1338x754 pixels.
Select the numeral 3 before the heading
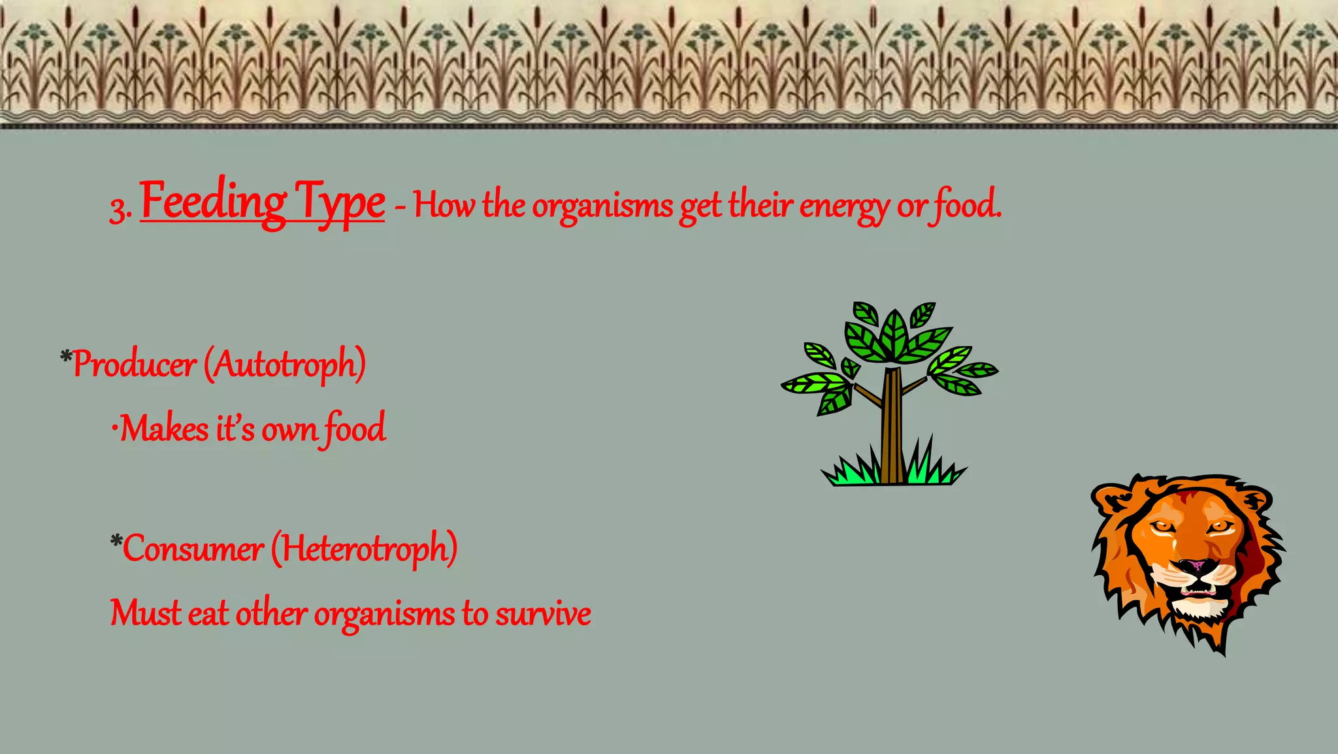(x=118, y=210)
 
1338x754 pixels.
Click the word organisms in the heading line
(x=602, y=206)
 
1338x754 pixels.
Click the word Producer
(x=135, y=365)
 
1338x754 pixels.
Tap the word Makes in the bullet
(x=164, y=429)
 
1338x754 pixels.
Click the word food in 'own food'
(x=355, y=429)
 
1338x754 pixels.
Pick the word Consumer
(x=193, y=548)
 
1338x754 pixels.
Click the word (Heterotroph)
(x=364, y=548)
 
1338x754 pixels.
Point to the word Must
(x=145, y=614)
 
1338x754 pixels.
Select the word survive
(x=543, y=614)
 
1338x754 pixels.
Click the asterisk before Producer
(x=66, y=357)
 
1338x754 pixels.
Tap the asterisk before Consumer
(x=116, y=541)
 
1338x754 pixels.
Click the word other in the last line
(x=271, y=614)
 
